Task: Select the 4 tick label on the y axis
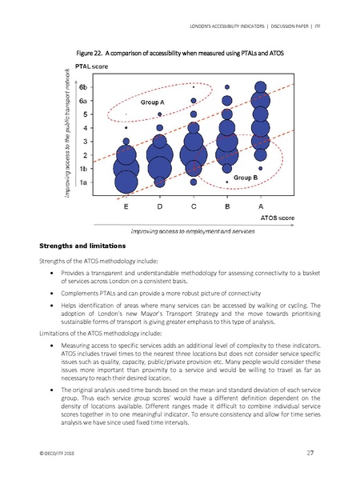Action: (85, 127)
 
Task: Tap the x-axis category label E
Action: (126, 206)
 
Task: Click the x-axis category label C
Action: (194, 206)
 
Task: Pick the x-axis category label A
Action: (262, 206)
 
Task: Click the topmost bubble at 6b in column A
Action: (262, 83)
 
